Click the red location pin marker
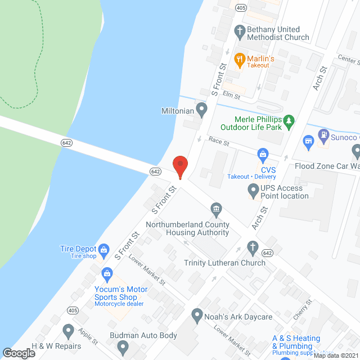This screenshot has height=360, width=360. tap(179, 166)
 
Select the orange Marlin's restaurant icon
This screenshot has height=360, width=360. tap(239, 58)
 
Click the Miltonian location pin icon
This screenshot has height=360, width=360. tap(201, 108)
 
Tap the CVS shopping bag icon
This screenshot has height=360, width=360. tap(262, 153)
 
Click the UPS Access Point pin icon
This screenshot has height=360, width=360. tap(253, 192)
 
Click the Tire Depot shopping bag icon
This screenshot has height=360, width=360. tap(103, 249)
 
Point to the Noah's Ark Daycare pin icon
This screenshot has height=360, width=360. tap(196, 316)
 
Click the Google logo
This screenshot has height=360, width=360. tap(19, 353)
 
